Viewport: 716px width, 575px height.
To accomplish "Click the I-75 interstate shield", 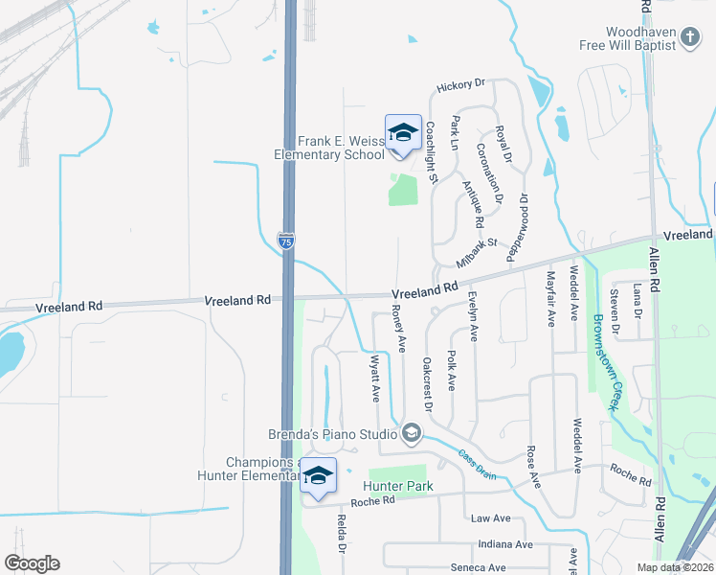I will [286, 241].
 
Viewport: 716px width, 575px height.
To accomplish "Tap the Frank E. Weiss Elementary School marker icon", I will [403, 132].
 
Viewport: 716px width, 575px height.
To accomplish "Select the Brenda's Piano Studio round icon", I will [412, 434].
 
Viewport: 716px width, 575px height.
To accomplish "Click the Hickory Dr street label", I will [461, 86].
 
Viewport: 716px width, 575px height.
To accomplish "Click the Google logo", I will [32, 563].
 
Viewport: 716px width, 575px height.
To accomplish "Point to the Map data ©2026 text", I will [675, 567].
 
